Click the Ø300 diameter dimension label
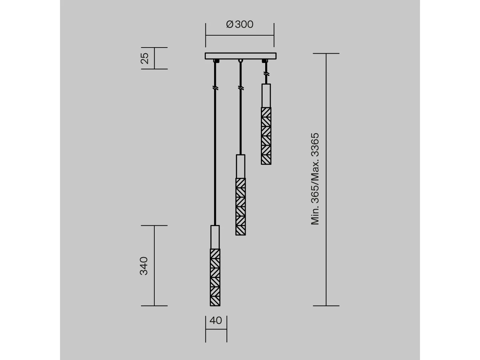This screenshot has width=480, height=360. click(x=240, y=24)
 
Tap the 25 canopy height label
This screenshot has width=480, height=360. click(x=144, y=58)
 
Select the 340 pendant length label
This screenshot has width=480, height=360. click(x=144, y=266)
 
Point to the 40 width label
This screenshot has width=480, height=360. click(x=216, y=320)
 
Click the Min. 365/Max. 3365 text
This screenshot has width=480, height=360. click(x=315, y=179)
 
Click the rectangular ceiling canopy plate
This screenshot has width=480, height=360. click(x=240, y=56)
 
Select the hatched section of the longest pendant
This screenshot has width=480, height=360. click(x=215, y=277)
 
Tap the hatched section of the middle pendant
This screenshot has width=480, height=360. click(x=240, y=207)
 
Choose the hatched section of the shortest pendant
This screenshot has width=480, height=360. click(x=266, y=136)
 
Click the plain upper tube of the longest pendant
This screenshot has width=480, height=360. click(x=215, y=237)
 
